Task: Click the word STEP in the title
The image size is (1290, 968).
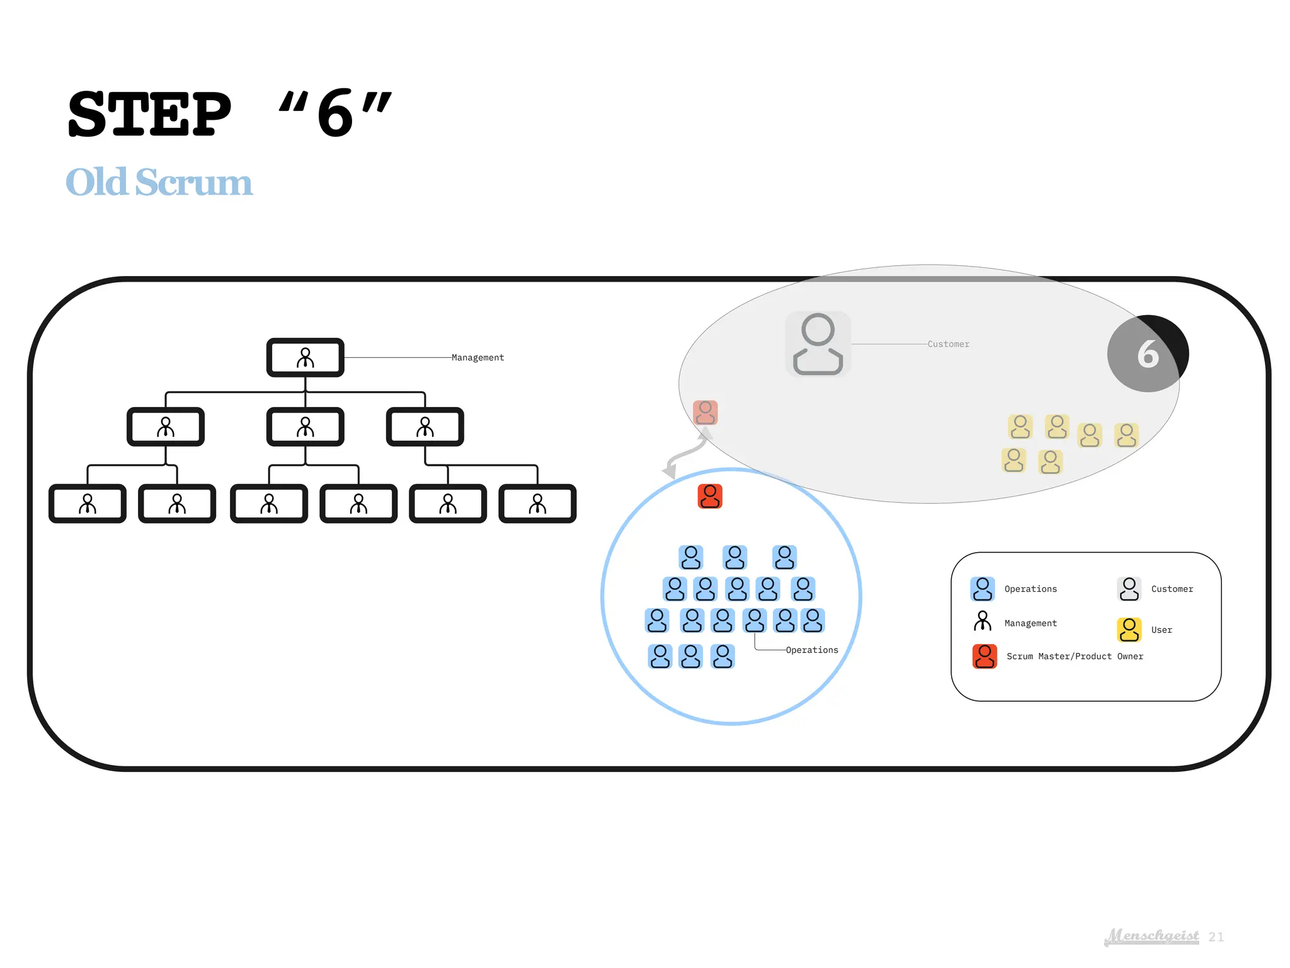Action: coord(149,114)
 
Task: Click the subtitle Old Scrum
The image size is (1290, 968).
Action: coord(159,182)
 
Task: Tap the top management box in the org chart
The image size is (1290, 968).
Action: coord(305,358)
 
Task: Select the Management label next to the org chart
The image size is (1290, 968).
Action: coord(477,357)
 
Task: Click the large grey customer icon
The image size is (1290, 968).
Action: coord(818,344)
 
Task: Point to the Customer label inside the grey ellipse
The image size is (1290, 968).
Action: coord(948,344)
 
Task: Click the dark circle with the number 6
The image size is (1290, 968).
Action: coord(1148,354)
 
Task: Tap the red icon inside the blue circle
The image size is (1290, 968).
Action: coord(710,497)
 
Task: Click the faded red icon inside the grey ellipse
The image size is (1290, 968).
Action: coord(705,413)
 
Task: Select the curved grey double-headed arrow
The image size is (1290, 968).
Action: coord(686,453)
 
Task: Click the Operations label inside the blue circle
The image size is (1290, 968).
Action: coord(811,650)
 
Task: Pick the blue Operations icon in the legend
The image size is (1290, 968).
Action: coord(982,589)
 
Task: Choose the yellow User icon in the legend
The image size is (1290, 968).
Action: coord(1129,630)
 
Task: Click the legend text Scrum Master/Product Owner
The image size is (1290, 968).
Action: coord(1074,656)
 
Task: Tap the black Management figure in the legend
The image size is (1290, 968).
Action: coord(982,621)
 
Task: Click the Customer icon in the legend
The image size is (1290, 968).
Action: coord(1129,589)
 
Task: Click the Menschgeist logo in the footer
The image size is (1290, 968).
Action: coord(1151,936)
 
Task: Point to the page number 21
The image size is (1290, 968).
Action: coord(1216,937)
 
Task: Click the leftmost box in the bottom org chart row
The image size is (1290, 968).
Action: coord(88,504)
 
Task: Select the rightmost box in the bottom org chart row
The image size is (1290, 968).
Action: coord(537,504)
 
